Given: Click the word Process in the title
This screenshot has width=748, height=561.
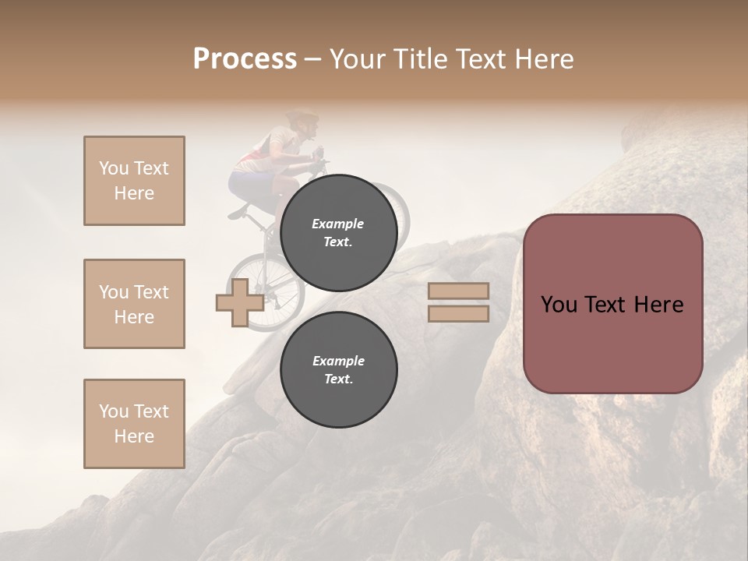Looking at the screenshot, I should [245, 59].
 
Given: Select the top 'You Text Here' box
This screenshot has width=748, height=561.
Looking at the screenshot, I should [134, 181].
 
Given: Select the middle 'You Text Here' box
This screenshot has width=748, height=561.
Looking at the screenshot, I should [134, 304].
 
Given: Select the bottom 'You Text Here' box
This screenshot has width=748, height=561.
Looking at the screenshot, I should [134, 424].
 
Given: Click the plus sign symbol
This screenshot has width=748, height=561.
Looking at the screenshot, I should [240, 303].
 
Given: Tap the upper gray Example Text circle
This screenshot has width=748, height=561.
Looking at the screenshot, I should [338, 232].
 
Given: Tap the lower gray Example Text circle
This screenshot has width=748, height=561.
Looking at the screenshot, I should [338, 369].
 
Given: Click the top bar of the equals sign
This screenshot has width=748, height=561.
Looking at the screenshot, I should [458, 291].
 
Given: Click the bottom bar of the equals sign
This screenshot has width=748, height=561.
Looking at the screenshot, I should [458, 313].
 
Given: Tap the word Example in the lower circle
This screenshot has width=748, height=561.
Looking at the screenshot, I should [338, 361].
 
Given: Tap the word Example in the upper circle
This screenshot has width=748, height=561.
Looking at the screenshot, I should [338, 224].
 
